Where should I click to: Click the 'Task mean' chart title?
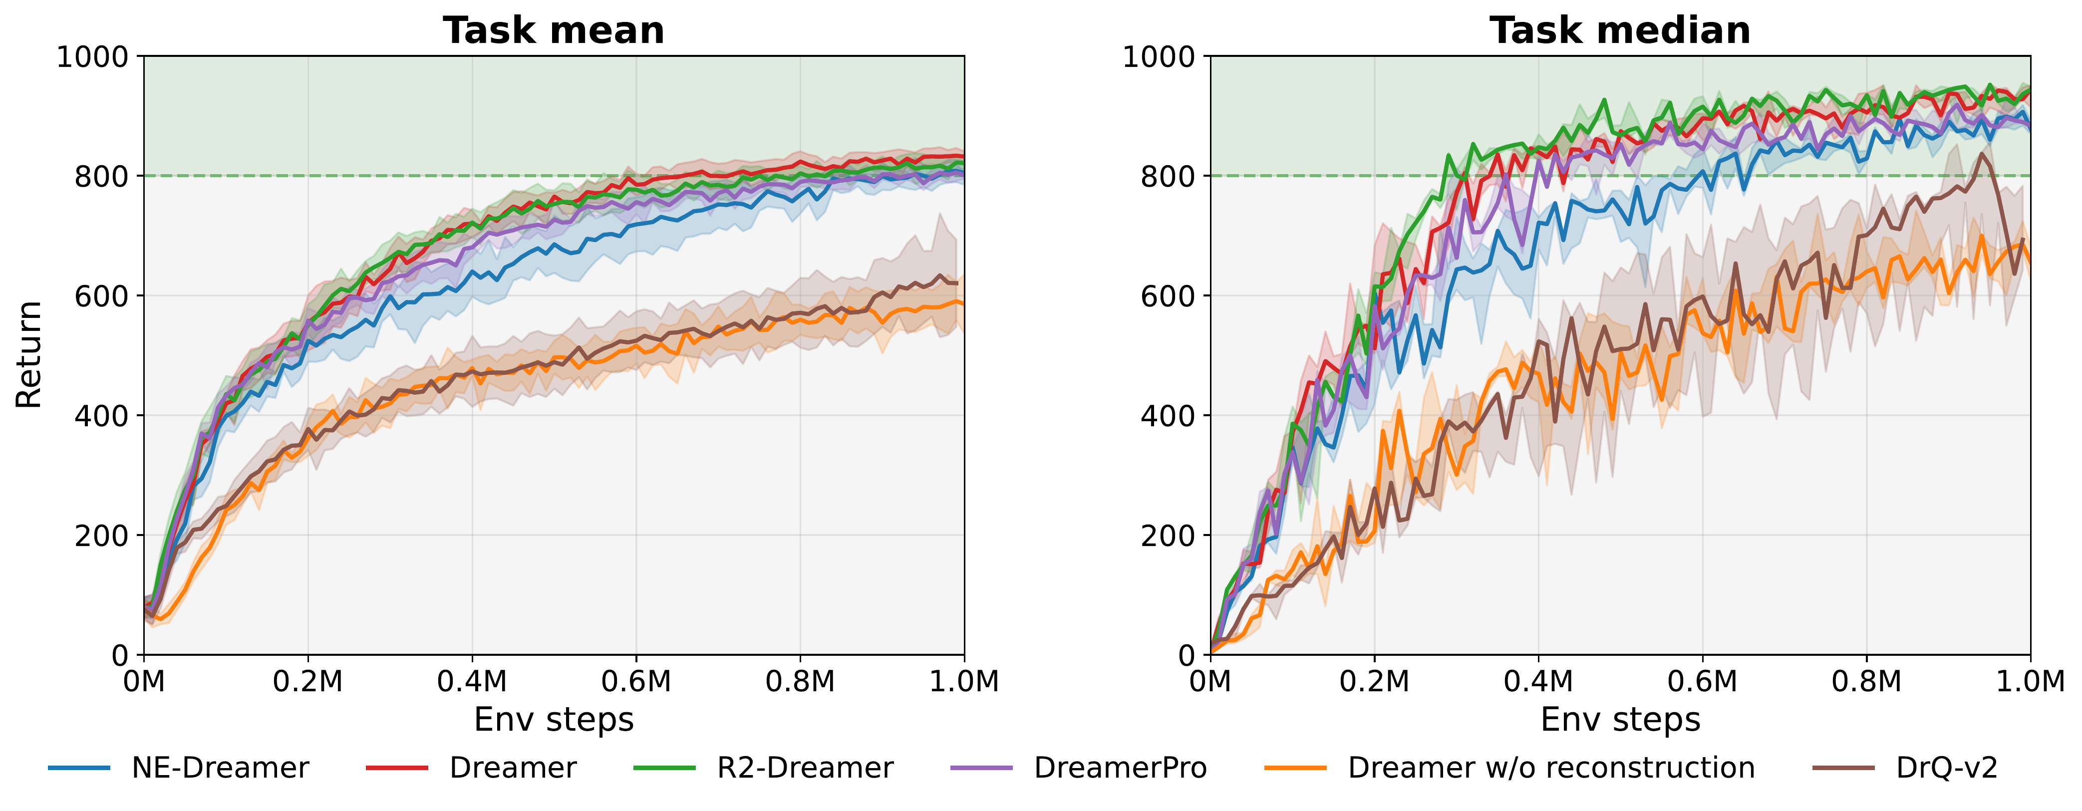click(x=554, y=31)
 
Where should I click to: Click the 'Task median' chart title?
click(x=1620, y=31)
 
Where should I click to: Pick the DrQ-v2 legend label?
click(x=1946, y=768)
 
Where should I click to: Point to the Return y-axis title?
click(x=29, y=355)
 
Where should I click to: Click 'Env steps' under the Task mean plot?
click(x=554, y=719)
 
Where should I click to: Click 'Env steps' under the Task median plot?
click(x=1620, y=719)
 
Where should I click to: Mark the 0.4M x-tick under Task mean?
click(x=472, y=681)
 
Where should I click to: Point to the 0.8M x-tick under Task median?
click(x=1866, y=681)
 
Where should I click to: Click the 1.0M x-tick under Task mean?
click(x=964, y=681)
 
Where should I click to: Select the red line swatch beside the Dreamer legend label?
click(x=396, y=768)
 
